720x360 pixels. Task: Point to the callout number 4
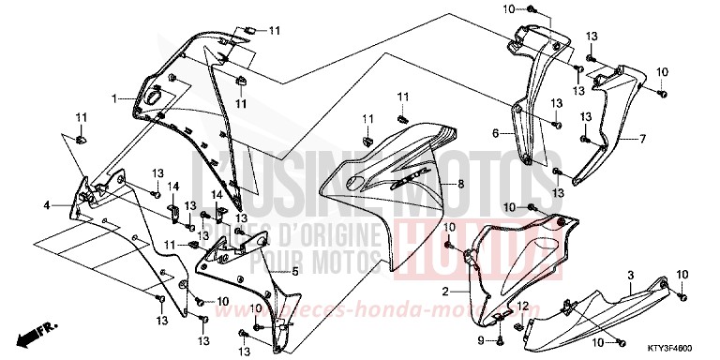[x=45, y=203]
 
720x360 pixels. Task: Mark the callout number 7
[x=643, y=139]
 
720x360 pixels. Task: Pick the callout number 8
[x=460, y=185]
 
